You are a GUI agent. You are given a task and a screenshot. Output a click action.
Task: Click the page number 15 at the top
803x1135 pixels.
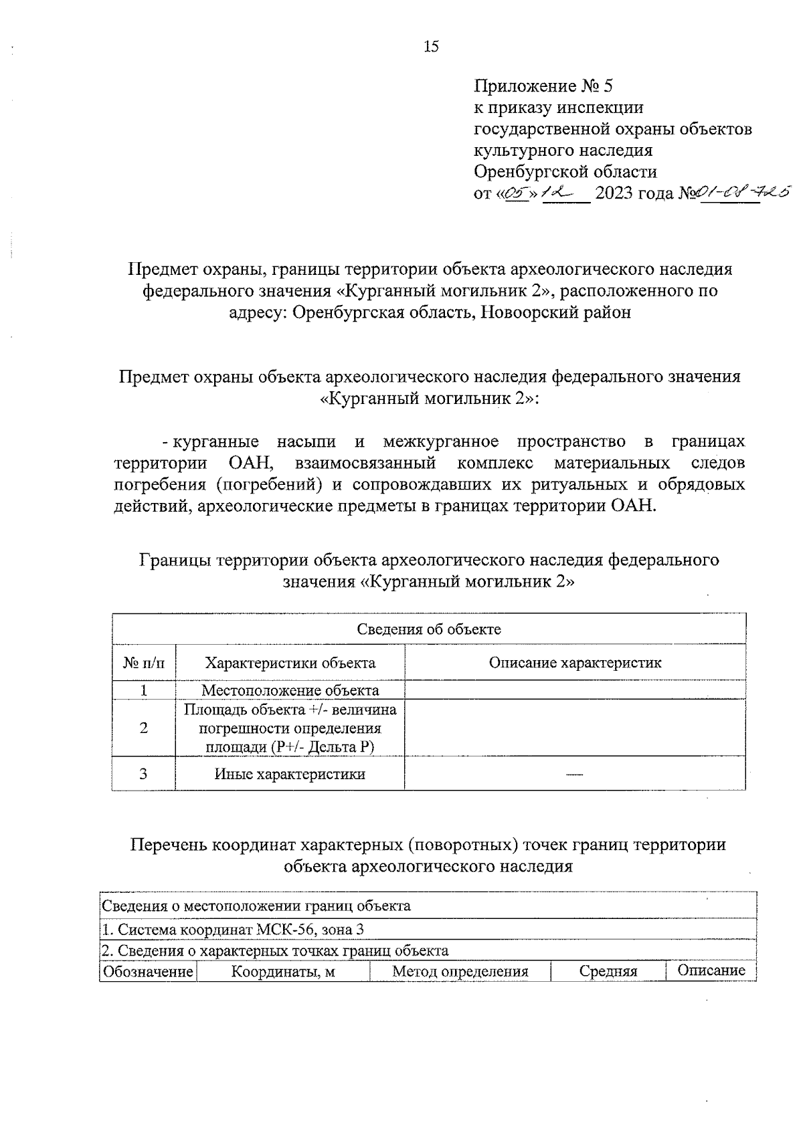click(x=431, y=47)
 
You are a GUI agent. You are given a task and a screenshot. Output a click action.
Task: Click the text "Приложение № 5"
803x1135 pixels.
click(x=543, y=86)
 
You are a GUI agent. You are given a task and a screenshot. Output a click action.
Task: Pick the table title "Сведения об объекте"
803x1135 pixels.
click(x=428, y=629)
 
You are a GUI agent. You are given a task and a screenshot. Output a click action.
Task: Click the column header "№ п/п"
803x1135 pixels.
click(x=143, y=663)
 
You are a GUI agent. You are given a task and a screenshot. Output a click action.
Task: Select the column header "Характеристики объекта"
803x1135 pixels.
click(x=290, y=663)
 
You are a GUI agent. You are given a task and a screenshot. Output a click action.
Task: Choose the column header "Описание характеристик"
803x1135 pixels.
click(x=575, y=663)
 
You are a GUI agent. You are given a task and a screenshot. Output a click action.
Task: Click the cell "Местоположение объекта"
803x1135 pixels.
click(x=290, y=690)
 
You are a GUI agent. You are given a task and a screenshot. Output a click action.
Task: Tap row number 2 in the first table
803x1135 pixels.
click(x=143, y=728)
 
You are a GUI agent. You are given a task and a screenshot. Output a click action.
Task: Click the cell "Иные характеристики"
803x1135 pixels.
click(x=290, y=774)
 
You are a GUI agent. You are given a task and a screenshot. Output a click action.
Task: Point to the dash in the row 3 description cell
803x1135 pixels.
click(x=574, y=775)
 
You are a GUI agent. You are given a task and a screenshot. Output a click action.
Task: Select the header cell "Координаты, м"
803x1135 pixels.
click(x=283, y=971)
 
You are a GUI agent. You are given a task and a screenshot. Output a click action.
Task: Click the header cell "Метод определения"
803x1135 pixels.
click(x=460, y=971)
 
